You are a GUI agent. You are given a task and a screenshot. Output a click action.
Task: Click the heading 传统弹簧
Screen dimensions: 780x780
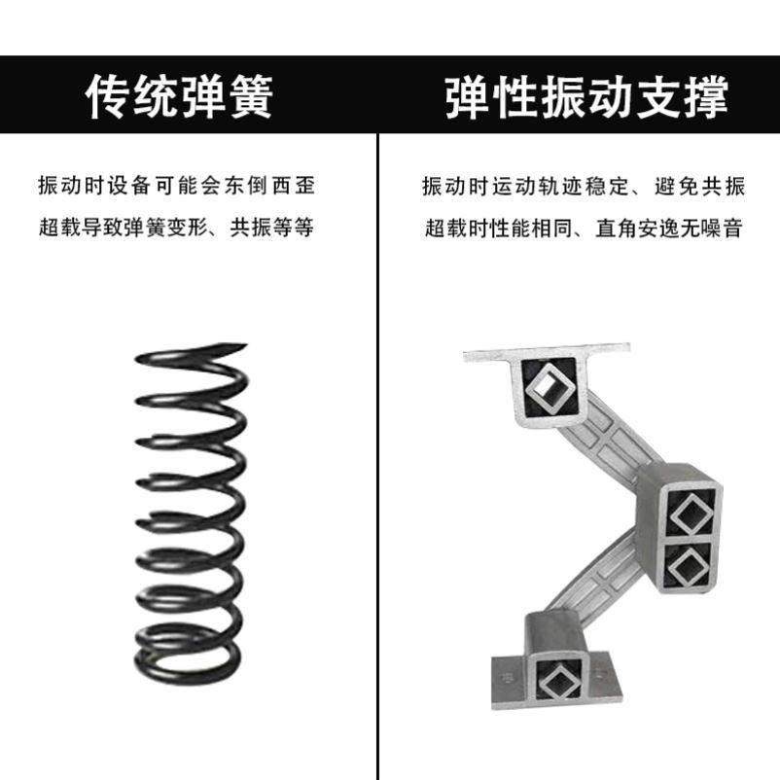pyautogui.click(x=180, y=96)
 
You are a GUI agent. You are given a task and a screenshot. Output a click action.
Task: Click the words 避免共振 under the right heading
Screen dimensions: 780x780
pyautogui.click(x=699, y=185)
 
